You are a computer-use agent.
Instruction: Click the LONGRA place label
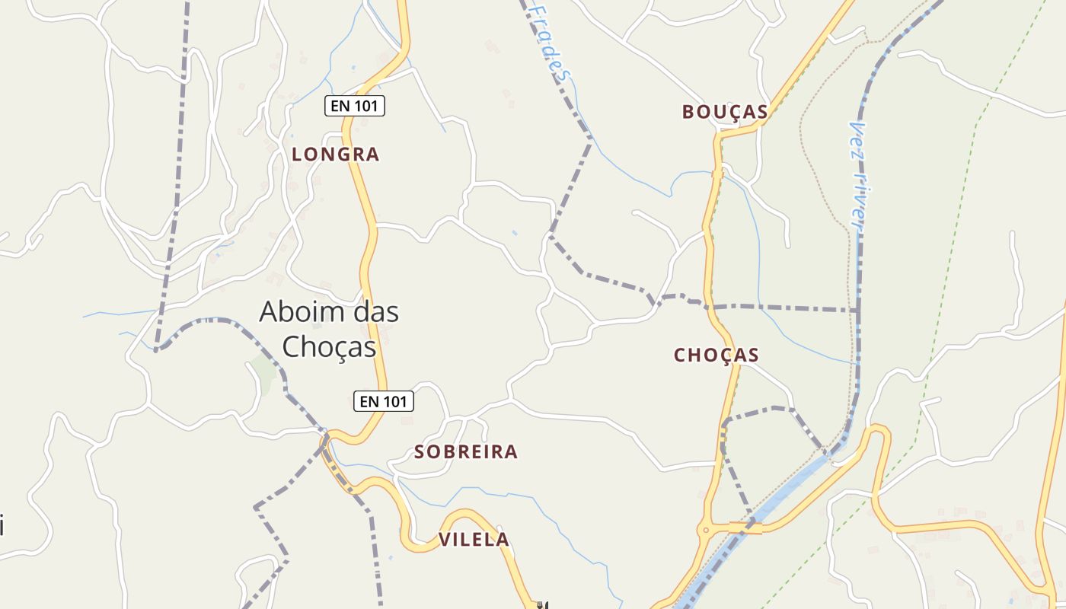(x=335, y=155)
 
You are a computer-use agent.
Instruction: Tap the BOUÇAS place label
(x=724, y=112)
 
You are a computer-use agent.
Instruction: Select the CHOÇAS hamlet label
(x=717, y=355)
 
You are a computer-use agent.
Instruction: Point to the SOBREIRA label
(x=466, y=452)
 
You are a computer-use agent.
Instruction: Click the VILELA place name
(x=474, y=540)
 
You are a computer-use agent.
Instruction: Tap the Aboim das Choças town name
(x=329, y=329)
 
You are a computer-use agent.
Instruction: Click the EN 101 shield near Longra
(x=355, y=106)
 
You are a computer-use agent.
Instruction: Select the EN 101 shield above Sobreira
(x=384, y=401)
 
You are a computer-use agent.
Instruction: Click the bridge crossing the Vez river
(x=746, y=528)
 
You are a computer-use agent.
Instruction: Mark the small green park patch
(x=263, y=372)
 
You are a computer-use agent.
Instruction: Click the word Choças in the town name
(x=329, y=347)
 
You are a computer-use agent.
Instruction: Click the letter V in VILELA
(x=445, y=540)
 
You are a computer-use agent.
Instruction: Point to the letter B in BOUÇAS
(x=688, y=112)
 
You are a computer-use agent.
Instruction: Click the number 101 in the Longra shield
(x=365, y=106)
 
